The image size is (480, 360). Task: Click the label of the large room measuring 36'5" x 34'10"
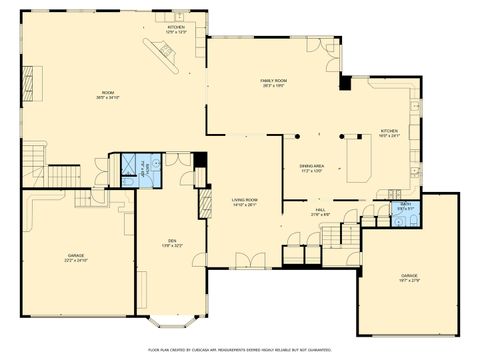(x=108, y=96)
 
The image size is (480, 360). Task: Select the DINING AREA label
(x=311, y=168)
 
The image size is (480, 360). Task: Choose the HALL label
(x=320, y=213)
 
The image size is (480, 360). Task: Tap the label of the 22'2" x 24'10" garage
(x=77, y=257)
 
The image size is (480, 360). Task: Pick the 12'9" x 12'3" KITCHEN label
(x=176, y=29)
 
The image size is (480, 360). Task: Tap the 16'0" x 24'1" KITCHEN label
(x=389, y=133)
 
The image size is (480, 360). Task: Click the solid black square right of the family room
(x=346, y=82)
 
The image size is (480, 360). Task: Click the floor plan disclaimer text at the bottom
(x=240, y=350)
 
